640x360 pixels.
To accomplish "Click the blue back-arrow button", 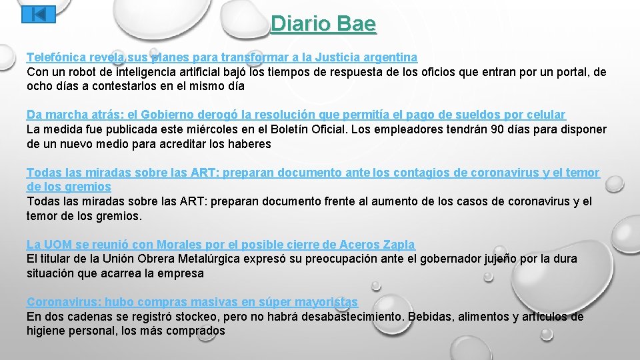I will [39, 14].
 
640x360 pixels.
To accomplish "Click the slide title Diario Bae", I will [323, 24].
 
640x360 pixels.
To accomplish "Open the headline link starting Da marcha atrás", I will [295, 115].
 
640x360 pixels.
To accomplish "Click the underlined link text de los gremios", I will [69, 187].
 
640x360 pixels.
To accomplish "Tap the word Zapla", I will [398, 245].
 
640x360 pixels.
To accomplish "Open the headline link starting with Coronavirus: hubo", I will [192, 302].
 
